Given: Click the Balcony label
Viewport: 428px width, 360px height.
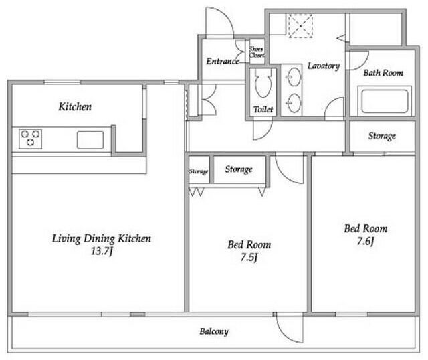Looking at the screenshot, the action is (214, 332).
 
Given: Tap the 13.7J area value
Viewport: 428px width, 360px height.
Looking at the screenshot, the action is (102, 251).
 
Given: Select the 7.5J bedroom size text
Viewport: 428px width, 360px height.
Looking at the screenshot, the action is (249, 258).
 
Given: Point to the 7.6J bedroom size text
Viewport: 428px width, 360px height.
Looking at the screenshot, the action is (366, 241).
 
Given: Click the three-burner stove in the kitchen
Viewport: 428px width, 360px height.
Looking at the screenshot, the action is (30, 139).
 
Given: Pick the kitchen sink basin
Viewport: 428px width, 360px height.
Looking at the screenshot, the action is (90, 140).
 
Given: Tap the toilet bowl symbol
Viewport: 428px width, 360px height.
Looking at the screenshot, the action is (263, 82).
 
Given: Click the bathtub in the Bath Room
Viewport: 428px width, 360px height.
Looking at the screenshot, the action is (385, 101).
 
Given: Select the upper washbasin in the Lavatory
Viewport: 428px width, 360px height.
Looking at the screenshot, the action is (294, 77).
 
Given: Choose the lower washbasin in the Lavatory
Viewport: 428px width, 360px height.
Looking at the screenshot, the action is (294, 103).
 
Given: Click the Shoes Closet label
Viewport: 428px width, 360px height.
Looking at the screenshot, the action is (257, 52).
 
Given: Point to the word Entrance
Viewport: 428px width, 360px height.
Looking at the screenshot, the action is (223, 61).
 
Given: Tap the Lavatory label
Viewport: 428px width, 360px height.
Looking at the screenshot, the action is (324, 66).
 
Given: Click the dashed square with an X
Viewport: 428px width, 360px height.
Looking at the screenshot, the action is (300, 26).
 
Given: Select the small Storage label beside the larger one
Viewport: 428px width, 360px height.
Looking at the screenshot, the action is (199, 171).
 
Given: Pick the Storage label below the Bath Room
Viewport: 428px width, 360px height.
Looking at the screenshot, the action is (382, 136).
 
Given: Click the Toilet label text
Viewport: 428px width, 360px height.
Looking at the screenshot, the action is (263, 110).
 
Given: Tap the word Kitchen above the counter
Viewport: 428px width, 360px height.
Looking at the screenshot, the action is (75, 107).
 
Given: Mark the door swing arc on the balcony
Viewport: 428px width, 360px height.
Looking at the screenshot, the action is (286, 334).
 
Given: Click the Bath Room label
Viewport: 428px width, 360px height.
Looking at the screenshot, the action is (383, 73).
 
